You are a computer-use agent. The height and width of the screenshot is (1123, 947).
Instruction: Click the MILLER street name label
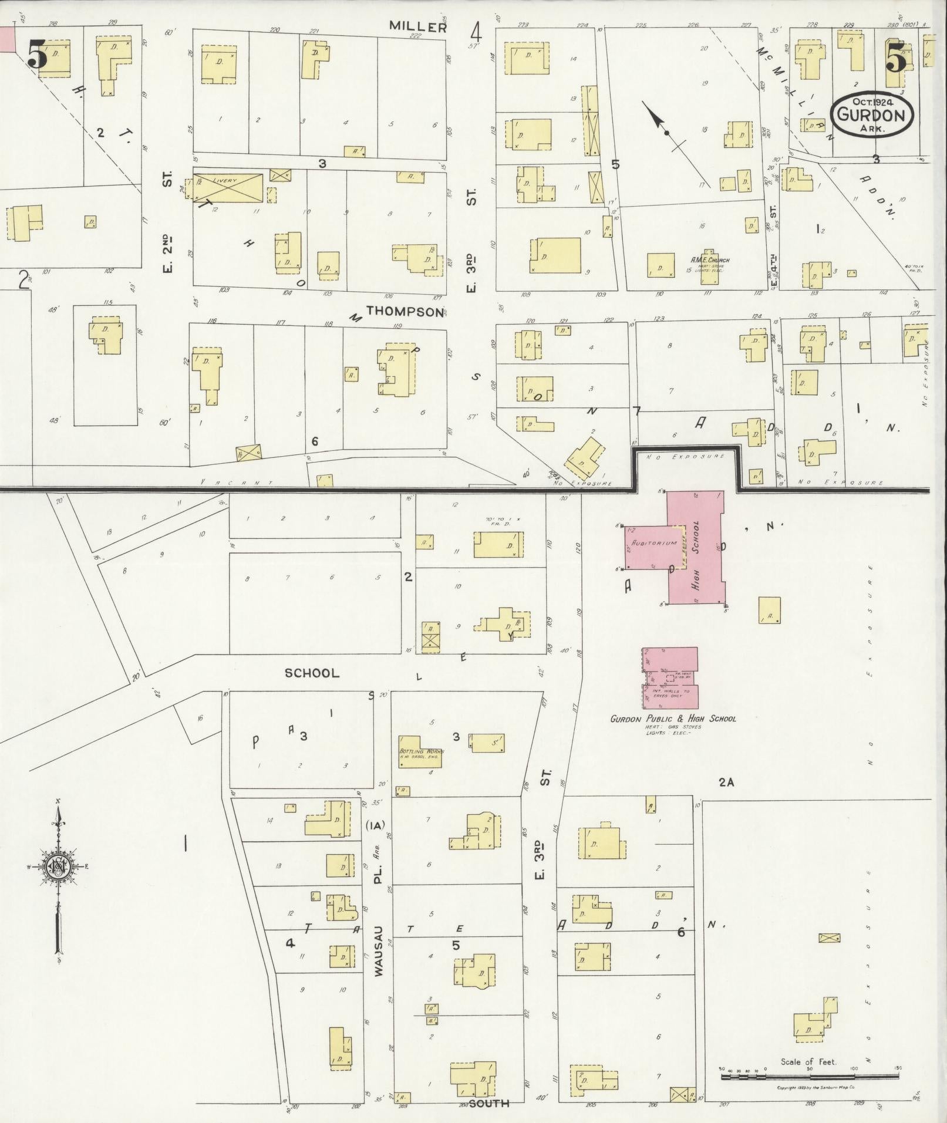419,26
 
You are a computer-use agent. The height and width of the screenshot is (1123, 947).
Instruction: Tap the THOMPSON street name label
405,311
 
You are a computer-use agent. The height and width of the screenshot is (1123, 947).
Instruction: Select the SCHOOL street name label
312,673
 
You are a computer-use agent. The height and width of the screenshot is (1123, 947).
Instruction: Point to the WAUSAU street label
379,951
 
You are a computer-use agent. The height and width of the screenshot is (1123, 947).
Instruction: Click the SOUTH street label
488,1103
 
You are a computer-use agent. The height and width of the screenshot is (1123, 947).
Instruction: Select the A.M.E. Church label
710,260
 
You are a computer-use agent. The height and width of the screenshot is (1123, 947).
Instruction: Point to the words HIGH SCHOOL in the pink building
696,555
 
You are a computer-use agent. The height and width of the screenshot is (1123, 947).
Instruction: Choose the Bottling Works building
420,751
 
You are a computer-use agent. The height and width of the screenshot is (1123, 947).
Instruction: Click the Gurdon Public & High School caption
673,719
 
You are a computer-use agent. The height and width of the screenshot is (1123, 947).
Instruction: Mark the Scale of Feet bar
809,1076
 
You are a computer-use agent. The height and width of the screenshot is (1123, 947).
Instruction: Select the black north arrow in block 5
666,133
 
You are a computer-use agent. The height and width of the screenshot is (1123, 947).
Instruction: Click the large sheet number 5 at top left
36,57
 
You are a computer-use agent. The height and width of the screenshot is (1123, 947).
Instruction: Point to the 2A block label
726,782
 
